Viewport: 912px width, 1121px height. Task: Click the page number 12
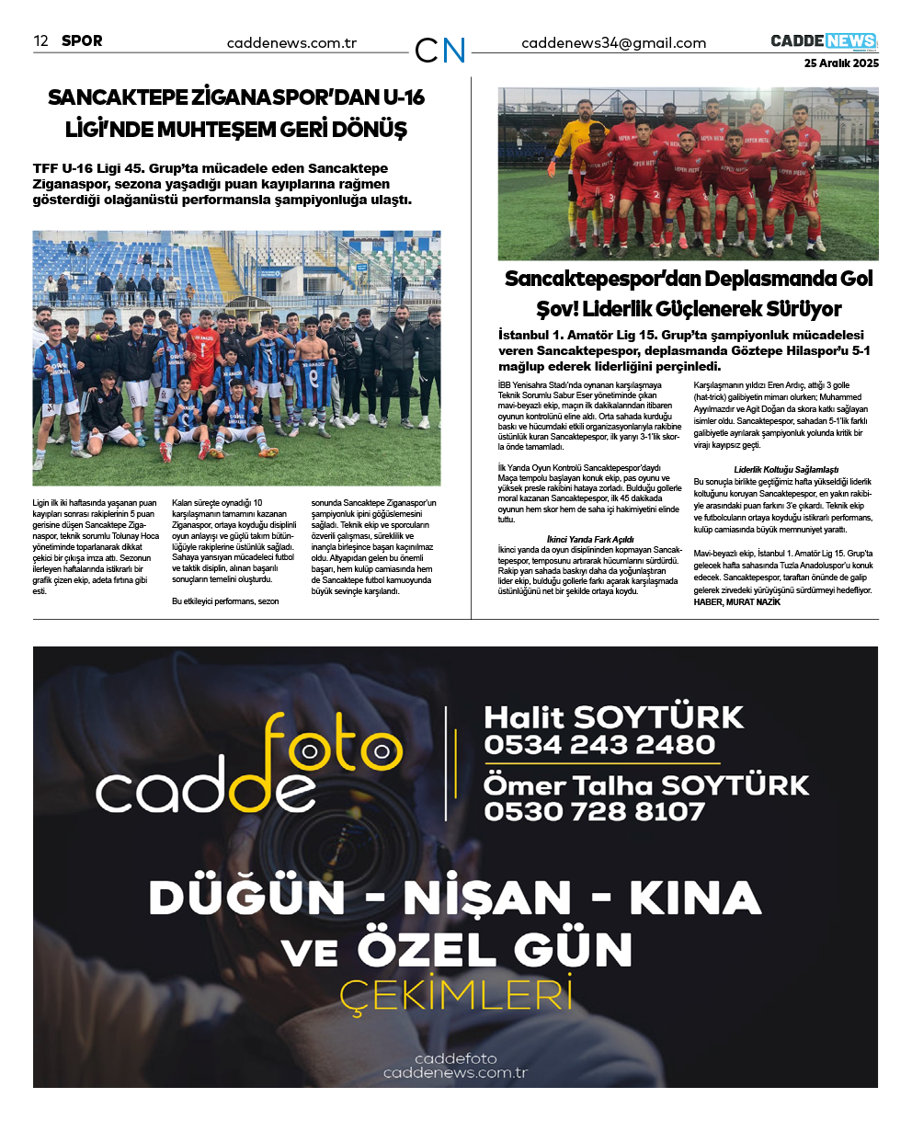[x=40, y=40]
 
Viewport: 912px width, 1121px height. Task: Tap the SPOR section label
[x=82, y=40]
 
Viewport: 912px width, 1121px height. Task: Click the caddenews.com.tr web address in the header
[x=291, y=43]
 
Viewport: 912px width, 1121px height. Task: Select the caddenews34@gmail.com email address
[x=613, y=43]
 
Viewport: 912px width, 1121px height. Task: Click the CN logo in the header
[x=440, y=51]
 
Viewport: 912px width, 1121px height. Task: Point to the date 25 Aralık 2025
[x=841, y=63]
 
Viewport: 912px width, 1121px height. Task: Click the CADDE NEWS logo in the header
[x=824, y=41]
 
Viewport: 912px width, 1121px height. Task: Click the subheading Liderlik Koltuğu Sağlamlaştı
[x=786, y=470]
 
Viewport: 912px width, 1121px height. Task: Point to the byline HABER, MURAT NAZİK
[x=736, y=601]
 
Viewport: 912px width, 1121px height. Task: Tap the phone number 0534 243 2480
[x=599, y=745]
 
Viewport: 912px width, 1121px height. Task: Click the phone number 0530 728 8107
[x=594, y=812]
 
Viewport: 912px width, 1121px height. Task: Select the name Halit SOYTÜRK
[x=613, y=717]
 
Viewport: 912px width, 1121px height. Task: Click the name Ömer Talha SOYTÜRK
[x=646, y=785]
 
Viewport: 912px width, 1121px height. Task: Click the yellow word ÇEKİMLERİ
[x=456, y=996]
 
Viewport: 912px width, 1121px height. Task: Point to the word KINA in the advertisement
[x=695, y=898]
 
